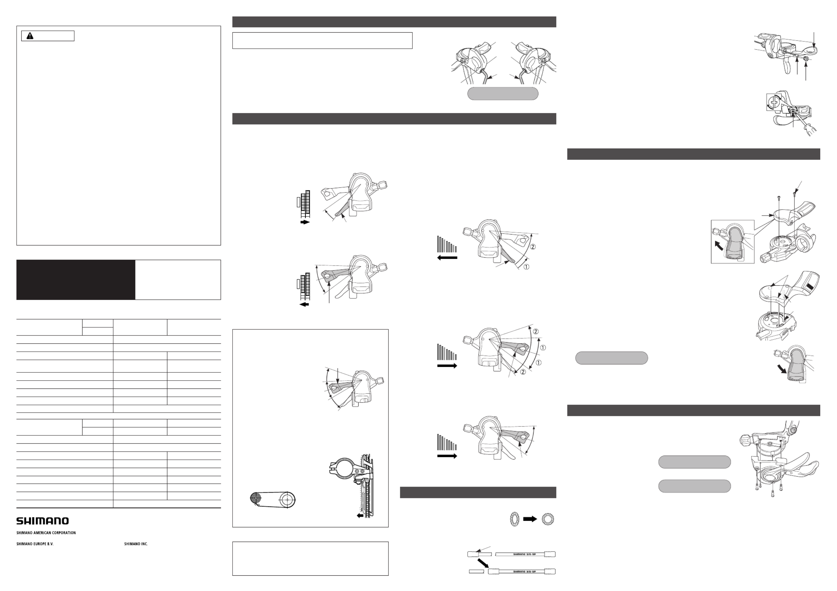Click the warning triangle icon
click(30, 36)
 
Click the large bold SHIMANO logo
click(42, 521)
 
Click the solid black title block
click(76, 280)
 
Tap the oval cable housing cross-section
click(514, 519)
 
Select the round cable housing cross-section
click(547, 519)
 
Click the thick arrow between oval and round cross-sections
click(530, 519)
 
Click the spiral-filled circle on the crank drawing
click(256, 498)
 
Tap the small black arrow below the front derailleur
click(360, 515)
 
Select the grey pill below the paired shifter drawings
click(503, 93)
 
